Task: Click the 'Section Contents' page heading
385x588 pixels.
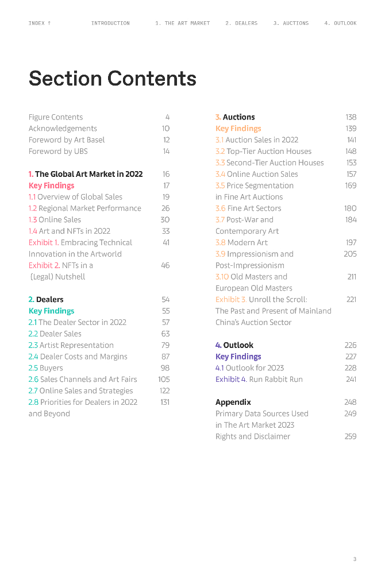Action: coord(112,79)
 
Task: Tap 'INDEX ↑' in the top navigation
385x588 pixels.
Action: coord(40,24)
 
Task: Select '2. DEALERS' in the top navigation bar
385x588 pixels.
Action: coord(241,24)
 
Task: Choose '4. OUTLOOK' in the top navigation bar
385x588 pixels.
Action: coord(340,24)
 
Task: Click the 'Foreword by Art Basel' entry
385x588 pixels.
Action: coord(67,140)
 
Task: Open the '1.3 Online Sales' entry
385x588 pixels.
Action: coord(55,220)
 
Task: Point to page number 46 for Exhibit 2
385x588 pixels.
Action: coord(165,265)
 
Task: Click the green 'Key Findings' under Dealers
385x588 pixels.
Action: coord(51,311)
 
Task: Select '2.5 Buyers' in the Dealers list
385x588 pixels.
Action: coord(46,368)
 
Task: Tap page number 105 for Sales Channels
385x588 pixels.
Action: coord(164,380)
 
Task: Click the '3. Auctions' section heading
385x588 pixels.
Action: coord(235,117)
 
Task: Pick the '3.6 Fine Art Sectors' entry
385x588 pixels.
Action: coord(248,208)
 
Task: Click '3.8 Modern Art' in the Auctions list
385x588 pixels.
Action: coord(241,242)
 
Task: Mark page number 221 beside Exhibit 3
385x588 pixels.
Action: coord(351,300)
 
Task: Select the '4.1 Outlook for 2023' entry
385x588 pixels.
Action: coord(249,368)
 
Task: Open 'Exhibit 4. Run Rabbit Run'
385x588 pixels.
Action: coord(259,380)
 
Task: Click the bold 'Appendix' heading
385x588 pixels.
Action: coord(233,402)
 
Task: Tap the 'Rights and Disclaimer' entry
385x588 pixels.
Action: coord(253,436)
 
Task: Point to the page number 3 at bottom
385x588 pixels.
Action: coord(355,559)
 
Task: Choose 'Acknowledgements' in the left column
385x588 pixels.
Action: coord(63,129)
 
